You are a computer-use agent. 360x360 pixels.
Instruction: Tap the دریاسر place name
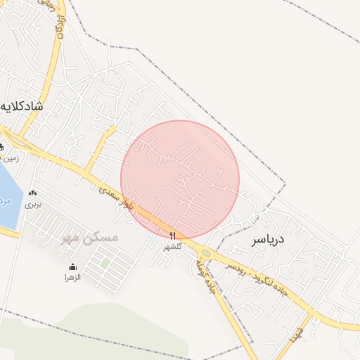pyautogui.click(x=268, y=240)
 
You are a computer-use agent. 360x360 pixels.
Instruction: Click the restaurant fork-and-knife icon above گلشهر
pyautogui.click(x=173, y=235)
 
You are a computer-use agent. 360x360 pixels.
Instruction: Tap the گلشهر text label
pyautogui.click(x=173, y=246)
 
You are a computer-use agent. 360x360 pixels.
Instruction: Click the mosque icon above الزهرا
pyautogui.click(x=73, y=266)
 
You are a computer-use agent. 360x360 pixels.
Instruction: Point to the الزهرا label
pyautogui.click(x=73, y=277)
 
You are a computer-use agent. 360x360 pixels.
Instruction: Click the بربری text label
pyautogui.click(x=33, y=205)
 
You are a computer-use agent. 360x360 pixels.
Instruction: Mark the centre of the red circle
pyautogui.click(x=180, y=180)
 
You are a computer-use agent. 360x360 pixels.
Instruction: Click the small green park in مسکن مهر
pyautogui.click(x=105, y=262)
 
